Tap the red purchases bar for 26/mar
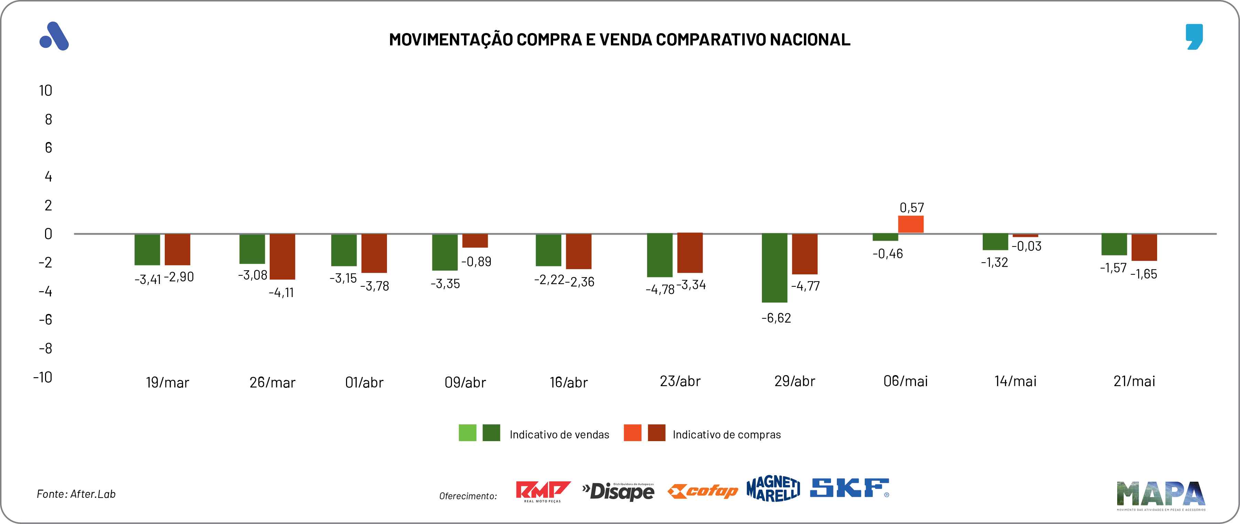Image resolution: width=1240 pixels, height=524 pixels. (282, 256)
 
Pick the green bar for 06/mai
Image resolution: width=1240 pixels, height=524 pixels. (885, 237)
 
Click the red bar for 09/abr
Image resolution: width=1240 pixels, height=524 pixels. (475, 241)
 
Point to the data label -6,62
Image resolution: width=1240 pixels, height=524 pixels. (776, 318)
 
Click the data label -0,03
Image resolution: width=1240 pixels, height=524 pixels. (1026, 247)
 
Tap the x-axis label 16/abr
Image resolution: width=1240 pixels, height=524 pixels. (569, 383)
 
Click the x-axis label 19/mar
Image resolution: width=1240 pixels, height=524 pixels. (167, 383)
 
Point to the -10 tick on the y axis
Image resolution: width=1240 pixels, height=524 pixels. (43, 377)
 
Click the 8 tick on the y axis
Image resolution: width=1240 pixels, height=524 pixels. (48, 119)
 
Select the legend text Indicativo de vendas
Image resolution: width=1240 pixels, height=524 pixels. (559, 435)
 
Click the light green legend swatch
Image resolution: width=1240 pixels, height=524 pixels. (467, 433)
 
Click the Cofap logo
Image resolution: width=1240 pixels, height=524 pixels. (702, 491)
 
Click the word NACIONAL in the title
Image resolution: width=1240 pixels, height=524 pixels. (810, 40)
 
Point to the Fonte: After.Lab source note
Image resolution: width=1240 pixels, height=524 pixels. (76, 494)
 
